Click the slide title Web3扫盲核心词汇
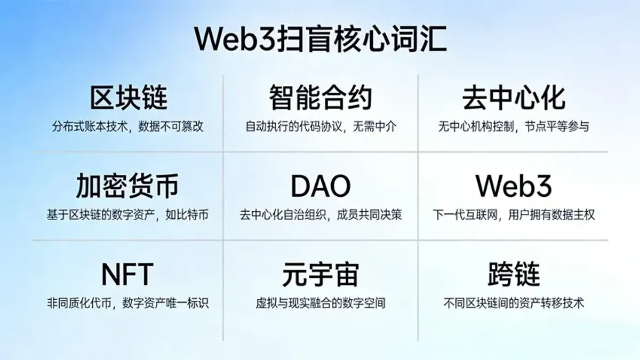click(320, 39)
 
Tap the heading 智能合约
click(320, 98)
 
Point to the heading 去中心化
click(514, 98)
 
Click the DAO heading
click(321, 186)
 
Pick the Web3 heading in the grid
click(514, 186)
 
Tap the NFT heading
click(127, 274)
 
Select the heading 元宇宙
click(321, 274)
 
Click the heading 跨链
click(514, 274)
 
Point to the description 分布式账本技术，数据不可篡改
click(128, 127)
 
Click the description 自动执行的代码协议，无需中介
click(321, 127)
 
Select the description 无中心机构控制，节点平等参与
click(514, 127)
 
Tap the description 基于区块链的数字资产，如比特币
click(127, 215)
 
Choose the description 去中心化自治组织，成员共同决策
click(321, 215)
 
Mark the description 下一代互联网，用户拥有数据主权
click(514, 215)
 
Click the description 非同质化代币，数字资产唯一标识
click(127, 303)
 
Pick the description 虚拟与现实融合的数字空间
click(321, 303)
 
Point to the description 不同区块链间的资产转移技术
click(514, 303)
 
